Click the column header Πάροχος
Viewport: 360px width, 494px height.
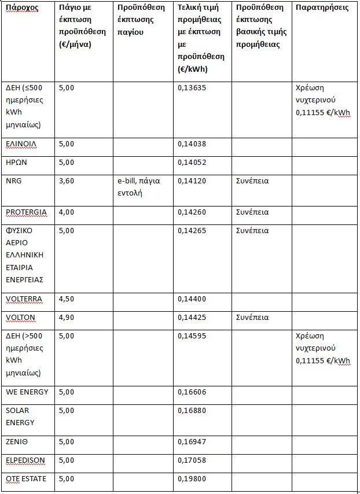point(21,9)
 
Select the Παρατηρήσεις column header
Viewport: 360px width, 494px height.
point(322,8)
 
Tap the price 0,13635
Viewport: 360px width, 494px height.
point(192,88)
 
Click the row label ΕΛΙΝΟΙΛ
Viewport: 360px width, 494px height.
point(23,144)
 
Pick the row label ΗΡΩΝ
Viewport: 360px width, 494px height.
point(16,163)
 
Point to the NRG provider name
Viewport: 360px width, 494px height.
point(13,181)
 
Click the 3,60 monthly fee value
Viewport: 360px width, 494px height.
point(67,181)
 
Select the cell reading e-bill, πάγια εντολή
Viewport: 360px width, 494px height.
point(138,187)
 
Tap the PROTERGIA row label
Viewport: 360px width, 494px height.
point(26,212)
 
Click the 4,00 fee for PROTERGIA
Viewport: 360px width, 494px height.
point(67,212)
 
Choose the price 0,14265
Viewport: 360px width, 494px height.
point(192,231)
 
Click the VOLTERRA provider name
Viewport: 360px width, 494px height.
point(24,299)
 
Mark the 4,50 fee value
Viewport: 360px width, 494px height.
point(67,299)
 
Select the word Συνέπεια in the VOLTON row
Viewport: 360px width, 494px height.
point(252,318)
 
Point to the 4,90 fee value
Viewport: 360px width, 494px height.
point(67,318)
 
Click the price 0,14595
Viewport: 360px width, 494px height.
point(192,336)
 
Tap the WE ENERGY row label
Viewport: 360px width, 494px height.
point(27,392)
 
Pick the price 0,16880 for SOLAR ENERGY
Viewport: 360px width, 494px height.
point(192,411)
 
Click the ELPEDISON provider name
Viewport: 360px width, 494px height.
point(25,460)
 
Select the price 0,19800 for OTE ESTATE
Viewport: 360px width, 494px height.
point(192,479)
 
